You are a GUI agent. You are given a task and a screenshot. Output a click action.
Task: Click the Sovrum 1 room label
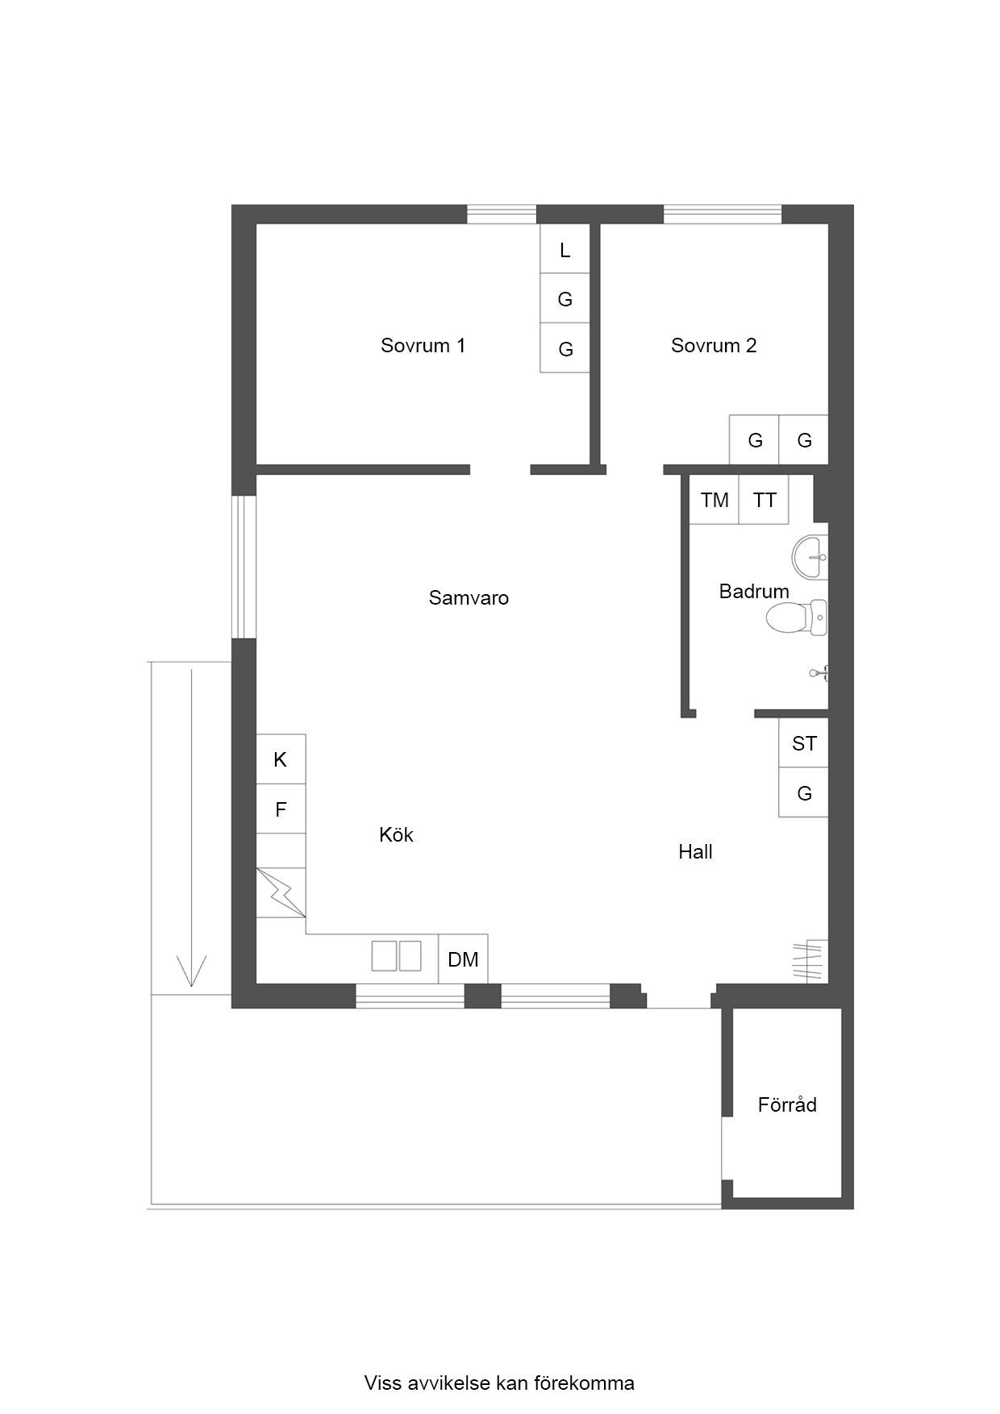[x=423, y=346]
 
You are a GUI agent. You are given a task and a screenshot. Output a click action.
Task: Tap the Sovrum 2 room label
[x=714, y=346]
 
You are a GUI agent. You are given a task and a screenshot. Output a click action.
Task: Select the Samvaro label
[x=469, y=598]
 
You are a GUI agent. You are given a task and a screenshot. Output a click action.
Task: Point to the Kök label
[x=396, y=834]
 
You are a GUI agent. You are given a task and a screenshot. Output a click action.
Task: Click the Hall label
[x=695, y=852]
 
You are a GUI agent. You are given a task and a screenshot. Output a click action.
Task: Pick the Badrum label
[x=754, y=592]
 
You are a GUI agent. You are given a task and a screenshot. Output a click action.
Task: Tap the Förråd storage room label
[x=787, y=1104]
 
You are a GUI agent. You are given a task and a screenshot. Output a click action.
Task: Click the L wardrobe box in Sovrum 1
[x=565, y=249]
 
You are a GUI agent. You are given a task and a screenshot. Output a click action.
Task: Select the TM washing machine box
[x=715, y=501]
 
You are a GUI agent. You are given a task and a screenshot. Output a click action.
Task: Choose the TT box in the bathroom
[x=764, y=501]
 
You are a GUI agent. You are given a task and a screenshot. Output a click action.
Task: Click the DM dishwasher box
[x=463, y=959]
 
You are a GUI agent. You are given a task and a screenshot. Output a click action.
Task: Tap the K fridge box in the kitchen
[x=281, y=759]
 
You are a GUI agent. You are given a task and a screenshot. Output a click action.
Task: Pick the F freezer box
[x=281, y=809]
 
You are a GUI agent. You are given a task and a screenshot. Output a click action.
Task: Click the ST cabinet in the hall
[x=804, y=743]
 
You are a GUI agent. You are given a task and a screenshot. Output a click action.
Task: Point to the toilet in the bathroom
[x=797, y=618]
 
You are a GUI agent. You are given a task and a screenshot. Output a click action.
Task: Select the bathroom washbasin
[x=810, y=557]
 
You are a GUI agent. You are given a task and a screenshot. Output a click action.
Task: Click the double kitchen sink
[x=396, y=956]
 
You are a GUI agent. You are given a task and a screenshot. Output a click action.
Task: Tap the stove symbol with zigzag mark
[x=281, y=892]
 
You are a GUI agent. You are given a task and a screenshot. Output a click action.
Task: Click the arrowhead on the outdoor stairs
[x=191, y=971]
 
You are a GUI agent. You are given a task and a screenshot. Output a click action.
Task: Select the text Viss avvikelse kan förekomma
[x=499, y=1383]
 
